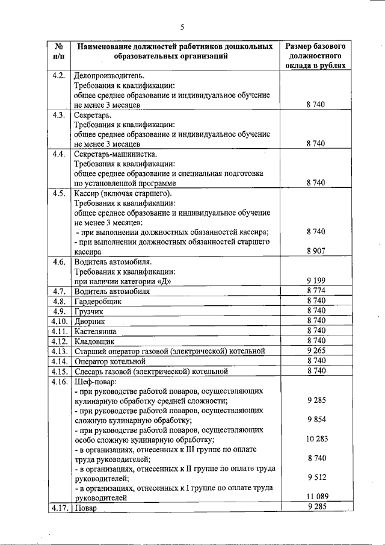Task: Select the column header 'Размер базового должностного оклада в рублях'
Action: [315, 56]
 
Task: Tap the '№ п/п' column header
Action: [58, 51]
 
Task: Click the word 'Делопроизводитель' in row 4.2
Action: [108, 76]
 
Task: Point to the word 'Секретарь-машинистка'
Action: [115, 154]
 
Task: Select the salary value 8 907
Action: [315, 252]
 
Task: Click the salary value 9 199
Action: [315, 281]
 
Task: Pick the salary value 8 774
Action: [315, 291]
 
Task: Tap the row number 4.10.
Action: [58, 320]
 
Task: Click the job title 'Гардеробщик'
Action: [97, 301]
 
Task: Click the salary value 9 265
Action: [315, 350]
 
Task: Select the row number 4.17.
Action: [58, 508]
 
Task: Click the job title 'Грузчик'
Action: [89, 311]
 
